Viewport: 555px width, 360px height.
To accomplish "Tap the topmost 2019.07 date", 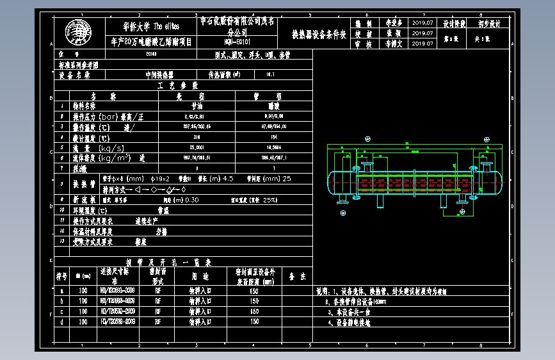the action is (x=424, y=22).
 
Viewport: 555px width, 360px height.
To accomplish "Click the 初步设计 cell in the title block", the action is (x=490, y=23).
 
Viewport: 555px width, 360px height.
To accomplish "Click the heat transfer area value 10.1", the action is (x=269, y=75).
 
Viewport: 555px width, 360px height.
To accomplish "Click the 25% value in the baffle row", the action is (x=268, y=199).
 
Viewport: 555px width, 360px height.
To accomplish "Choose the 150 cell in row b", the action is (x=254, y=300).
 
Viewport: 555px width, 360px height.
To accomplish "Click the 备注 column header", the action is (x=298, y=276).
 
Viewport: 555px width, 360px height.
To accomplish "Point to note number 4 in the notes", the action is (x=328, y=323).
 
